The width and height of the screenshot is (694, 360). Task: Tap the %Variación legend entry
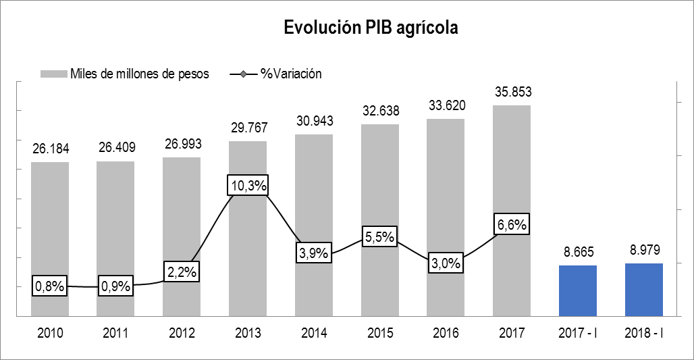pyautogui.click(x=291, y=74)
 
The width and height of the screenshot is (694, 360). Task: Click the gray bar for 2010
pyautogui.click(x=50, y=223)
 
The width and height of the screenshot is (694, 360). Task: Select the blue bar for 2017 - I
pyautogui.click(x=578, y=290)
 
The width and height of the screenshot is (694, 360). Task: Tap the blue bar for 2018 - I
pyautogui.click(x=644, y=289)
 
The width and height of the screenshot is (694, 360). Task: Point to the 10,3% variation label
pyautogui.click(x=248, y=185)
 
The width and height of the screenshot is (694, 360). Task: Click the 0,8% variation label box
pyautogui.click(x=50, y=286)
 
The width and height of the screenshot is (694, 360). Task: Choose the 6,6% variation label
pyautogui.click(x=512, y=225)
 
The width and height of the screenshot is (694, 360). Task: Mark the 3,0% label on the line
pyautogui.click(x=446, y=263)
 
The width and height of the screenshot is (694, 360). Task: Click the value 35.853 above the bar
pyautogui.click(x=512, y=93)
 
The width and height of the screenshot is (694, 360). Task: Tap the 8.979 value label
pyautogui.click(x=644, y=251)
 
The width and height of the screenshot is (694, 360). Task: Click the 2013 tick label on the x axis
pyautogui.click(x=248, y=333)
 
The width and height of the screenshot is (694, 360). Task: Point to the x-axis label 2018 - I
pyautogui.click(x=644, y=333)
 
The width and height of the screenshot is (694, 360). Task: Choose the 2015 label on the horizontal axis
pyautogui.click(x=379, y=333)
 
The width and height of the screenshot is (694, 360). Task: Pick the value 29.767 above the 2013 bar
pyautogui.click(x=248, y=128)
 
